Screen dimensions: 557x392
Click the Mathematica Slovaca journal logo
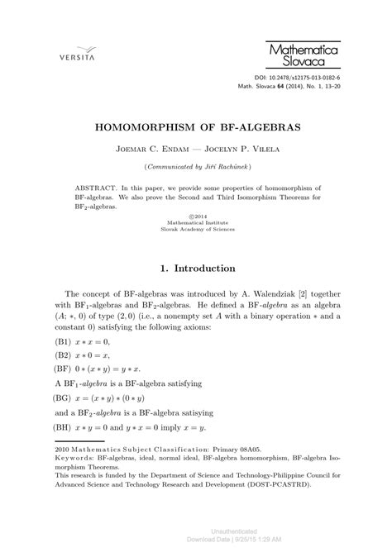coord(303,55)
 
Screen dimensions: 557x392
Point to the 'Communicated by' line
coord(195,169)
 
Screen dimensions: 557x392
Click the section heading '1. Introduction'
coord(196,269)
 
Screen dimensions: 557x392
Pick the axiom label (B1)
coord(62,341)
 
